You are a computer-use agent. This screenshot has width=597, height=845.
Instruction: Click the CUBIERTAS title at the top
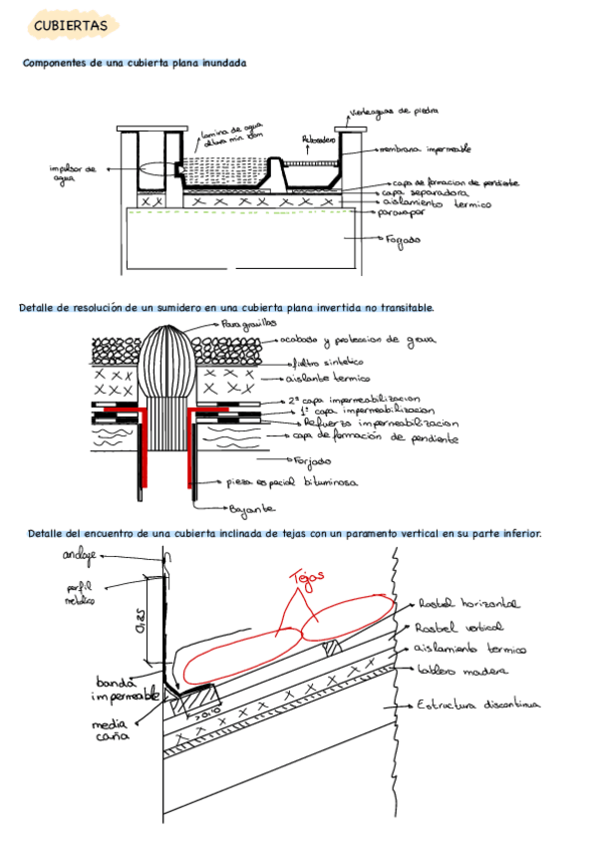[71, 25]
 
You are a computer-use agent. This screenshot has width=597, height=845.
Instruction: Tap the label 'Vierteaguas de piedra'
[395, 112]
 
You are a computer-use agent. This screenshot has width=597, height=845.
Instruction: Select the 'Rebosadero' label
[319, 141]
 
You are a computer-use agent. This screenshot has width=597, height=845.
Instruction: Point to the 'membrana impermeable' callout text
[425, 148]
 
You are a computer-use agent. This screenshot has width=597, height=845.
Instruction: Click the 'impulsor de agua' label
[73, 173]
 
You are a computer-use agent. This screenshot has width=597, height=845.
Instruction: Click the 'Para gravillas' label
[248, 324]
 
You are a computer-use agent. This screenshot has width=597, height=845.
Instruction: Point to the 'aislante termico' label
[330, 379]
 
